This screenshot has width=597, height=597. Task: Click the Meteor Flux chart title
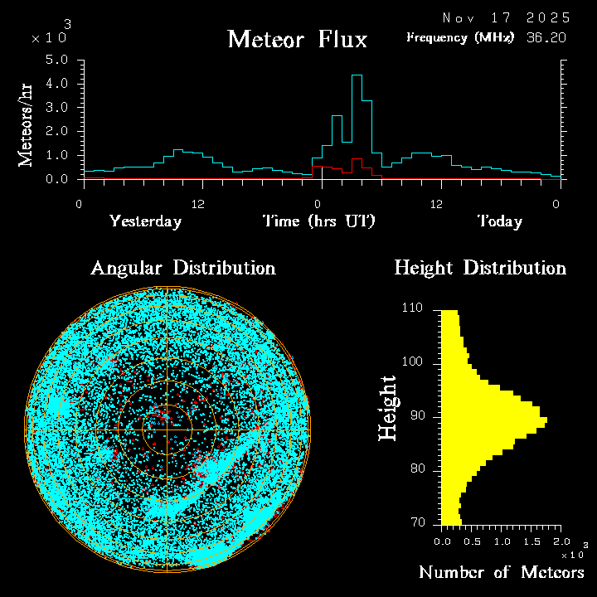[297, 40]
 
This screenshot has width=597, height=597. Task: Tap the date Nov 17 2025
[506, 17]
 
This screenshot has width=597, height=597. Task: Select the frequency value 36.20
[548, 37]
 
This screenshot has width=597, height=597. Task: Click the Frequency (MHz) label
[460, 37]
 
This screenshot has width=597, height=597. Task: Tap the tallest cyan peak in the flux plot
[357, 76]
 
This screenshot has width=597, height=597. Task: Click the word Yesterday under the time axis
[145, 221]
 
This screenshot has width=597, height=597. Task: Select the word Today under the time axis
[499, 221]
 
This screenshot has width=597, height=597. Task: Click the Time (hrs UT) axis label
[319, 221]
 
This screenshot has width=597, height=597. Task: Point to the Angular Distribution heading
[182, 268]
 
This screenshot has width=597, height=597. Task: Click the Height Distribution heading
[479, 268]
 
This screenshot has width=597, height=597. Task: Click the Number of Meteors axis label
[501, 573]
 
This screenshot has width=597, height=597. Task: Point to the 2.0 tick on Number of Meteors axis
[560, 541]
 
